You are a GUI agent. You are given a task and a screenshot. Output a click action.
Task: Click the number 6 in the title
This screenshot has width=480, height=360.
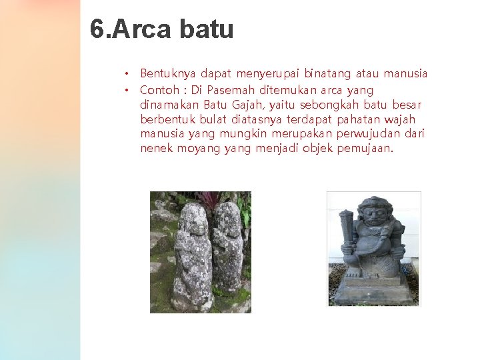(97, 29)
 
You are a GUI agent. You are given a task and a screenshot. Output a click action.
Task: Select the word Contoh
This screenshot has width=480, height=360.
(158, 89)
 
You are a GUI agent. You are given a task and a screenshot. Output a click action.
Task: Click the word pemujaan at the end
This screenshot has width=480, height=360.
(366, 148)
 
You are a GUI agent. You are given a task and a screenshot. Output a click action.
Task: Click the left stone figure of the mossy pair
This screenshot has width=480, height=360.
(193, 257)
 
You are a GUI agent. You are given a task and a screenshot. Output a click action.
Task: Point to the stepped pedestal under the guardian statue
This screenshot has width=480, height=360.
(373, 290)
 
